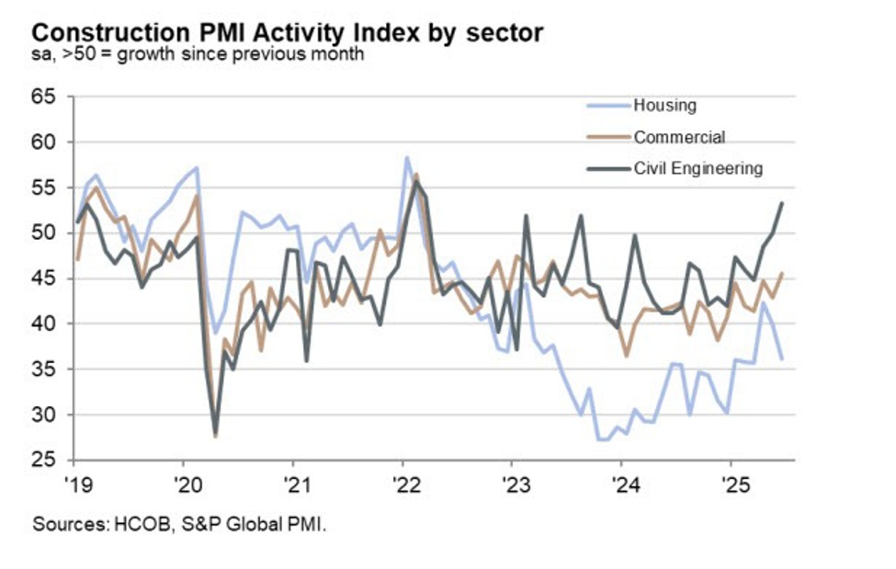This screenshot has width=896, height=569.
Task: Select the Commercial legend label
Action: pos(679,137)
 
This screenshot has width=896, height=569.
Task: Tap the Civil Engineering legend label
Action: pos(698,168)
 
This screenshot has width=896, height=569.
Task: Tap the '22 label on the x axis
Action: pos(403,483)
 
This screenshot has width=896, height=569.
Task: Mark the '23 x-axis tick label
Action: pos(513,483)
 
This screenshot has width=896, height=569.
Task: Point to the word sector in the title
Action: pos(505,33)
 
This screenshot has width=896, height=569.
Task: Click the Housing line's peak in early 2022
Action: pos(406,157)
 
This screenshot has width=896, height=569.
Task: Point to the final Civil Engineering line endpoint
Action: pos(782,203)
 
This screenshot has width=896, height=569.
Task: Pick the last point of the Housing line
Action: pos(782,358)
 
